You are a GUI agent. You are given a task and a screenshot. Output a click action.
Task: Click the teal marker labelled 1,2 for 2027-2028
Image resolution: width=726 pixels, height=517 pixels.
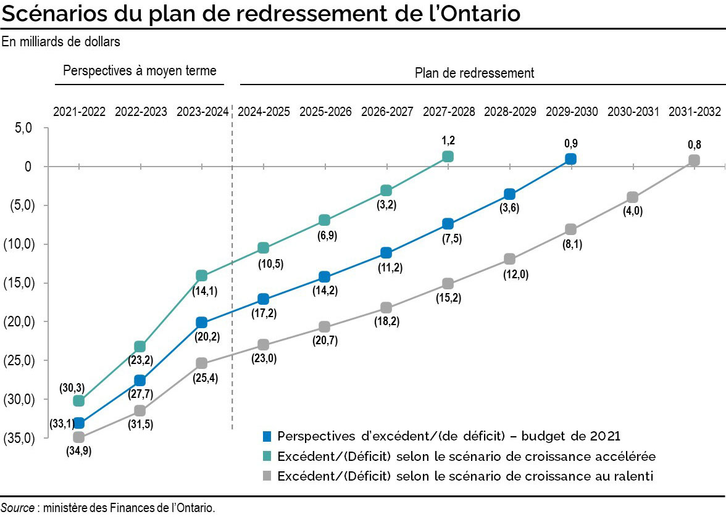[448, 157]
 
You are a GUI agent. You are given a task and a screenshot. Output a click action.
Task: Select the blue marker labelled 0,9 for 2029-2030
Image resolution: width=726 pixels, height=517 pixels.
[570, 159]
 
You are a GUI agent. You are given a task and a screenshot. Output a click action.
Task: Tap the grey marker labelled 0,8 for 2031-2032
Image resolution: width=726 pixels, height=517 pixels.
[694, 160]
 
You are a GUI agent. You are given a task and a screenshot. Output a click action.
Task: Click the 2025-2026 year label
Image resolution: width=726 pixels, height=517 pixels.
[325, 112]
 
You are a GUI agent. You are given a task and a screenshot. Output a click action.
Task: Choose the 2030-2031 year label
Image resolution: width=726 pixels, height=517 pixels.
[633, 112]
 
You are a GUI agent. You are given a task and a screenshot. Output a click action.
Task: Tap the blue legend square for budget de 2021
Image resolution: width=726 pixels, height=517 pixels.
[267, 436]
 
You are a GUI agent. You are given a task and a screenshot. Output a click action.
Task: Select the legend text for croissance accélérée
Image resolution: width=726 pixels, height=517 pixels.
[466, 457]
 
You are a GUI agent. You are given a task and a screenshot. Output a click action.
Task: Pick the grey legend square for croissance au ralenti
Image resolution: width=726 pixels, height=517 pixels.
[267, 476]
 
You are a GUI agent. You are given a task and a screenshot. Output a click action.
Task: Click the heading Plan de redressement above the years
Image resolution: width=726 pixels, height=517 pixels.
[474, 73]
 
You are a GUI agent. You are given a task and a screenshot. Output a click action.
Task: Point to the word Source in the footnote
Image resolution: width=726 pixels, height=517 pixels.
[17, 508]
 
